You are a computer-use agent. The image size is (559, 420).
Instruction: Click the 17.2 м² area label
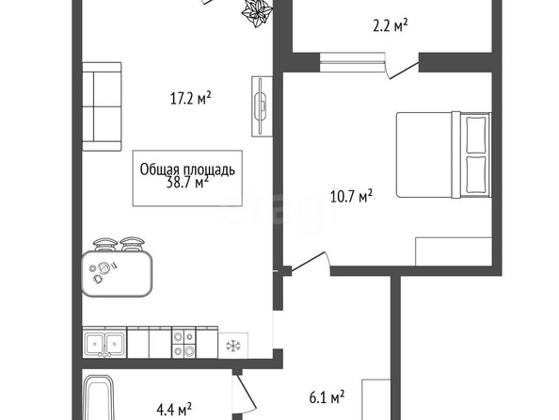pos(191,98)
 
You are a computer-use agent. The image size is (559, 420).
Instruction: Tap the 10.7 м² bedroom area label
pos(351,196)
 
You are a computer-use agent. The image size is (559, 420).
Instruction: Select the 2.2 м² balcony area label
pos(391,26)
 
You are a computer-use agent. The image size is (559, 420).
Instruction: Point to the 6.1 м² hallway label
pos(327,396)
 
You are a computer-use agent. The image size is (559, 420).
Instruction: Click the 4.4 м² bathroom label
pos(174,410)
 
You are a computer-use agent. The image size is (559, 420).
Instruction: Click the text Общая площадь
pos(187,170)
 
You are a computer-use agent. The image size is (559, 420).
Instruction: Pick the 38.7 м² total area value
pos(187,183)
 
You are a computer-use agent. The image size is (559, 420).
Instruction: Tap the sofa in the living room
pos(102,106)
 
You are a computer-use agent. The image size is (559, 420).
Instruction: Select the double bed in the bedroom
pos(444,154)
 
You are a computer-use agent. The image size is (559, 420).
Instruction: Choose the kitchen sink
pos(104,344)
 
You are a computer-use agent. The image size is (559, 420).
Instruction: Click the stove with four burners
pos(184,344)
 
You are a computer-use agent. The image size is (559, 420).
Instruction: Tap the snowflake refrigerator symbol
pos(233,346)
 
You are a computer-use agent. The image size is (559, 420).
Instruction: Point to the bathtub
pos(99,397)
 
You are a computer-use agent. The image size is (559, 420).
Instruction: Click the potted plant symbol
pos(258,13)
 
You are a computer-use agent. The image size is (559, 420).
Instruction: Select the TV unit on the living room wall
pos(263,106)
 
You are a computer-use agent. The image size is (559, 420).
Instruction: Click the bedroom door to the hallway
pos(310,262)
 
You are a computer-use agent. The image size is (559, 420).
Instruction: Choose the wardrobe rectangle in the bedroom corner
pos(454,251)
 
